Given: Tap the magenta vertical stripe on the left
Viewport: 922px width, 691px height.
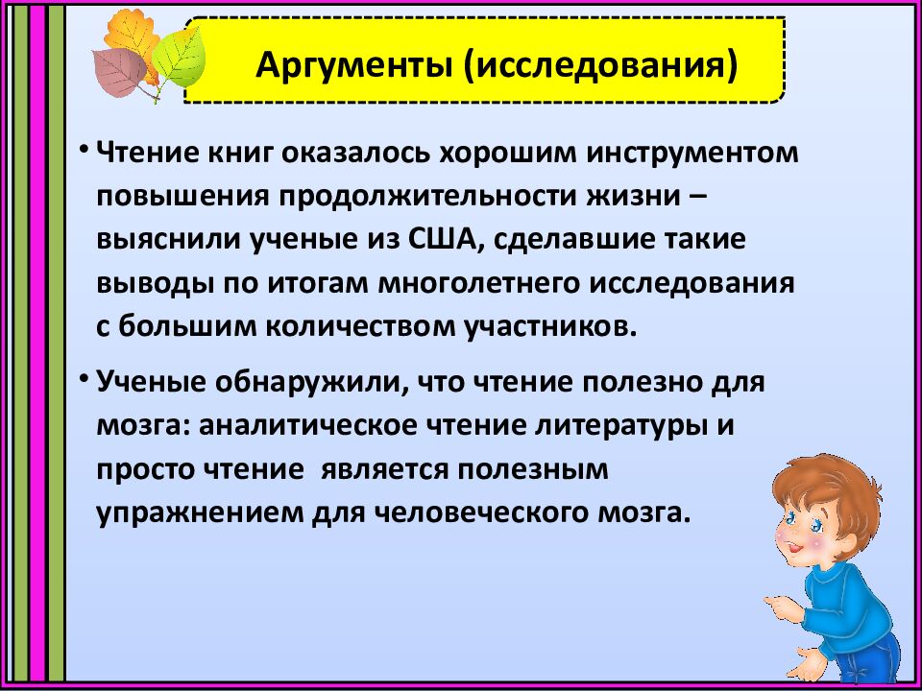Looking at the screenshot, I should (x=36, y=345).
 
